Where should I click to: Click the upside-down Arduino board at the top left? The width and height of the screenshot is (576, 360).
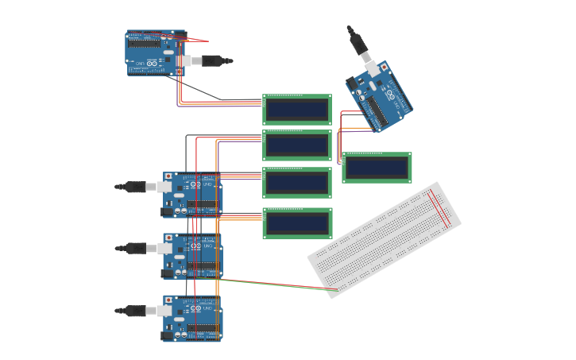coord(155,52)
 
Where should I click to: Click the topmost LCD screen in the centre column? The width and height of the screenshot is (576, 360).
coord(297,110)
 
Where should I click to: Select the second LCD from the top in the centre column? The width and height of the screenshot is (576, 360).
coord(297,145)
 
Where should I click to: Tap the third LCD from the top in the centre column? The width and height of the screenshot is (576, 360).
coord(297,183)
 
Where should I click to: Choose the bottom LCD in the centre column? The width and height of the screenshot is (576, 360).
coord(297,223)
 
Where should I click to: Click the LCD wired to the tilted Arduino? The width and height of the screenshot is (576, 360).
coord(377,168)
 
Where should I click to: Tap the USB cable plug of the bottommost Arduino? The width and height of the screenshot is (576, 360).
coord(136,311)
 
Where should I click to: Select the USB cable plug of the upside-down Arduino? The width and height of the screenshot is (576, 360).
coord(215,60)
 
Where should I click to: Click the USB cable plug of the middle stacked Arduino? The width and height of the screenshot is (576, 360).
coord(136,248)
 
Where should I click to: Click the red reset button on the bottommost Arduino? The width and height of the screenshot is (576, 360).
coord(168,300)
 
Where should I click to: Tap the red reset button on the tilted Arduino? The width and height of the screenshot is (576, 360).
coord(385,68)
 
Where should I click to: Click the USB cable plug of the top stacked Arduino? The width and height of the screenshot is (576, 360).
coord(136,187)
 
